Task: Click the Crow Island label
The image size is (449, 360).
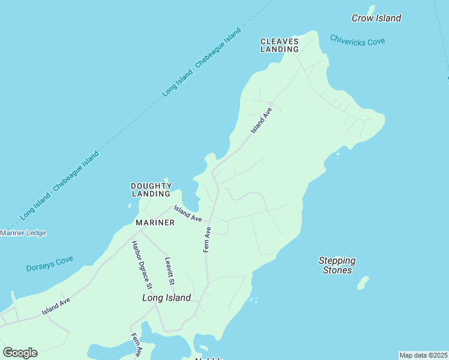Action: (376, 19)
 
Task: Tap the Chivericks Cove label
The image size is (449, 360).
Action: (357, 40)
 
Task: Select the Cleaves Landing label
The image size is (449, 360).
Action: (279, 45)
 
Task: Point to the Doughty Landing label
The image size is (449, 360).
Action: (151, 190)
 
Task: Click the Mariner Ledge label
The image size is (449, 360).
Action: (23, 233)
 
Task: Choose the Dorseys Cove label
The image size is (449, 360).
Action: (49, 264)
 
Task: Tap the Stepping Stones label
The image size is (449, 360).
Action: (337, 265)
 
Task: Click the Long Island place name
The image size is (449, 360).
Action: (166, 298)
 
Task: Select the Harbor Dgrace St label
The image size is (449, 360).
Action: (142, 265)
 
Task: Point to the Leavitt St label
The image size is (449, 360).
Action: (169, 271)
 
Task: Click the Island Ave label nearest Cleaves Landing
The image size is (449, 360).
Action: (262, 120)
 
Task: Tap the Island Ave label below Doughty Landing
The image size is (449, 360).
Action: (188, 213)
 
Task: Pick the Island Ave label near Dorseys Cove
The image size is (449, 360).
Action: (56, 306)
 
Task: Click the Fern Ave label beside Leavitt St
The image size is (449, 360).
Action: (207, 239)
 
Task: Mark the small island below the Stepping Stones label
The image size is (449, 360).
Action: (363, 283)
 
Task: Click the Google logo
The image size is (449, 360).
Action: (20, 353)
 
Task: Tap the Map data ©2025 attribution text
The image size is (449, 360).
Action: (423, 355)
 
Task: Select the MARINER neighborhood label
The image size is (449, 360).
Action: (155, 223)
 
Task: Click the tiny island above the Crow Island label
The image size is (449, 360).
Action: (371, 9)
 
